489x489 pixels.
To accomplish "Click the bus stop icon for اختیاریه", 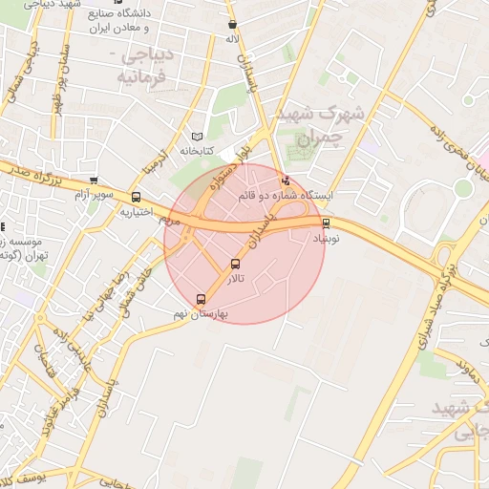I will pos(136,199).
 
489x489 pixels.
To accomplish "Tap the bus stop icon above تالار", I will pos(235,264).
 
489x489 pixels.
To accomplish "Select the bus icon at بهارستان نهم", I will pos(200,298).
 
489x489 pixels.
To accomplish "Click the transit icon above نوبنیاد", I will pos(327,223).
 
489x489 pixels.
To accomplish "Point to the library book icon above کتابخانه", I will pos(198,137).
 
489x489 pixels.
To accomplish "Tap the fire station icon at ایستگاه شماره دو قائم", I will pos(284,181).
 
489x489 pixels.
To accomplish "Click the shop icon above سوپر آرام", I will pos(93,181).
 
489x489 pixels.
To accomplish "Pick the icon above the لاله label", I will pos(232,26).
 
